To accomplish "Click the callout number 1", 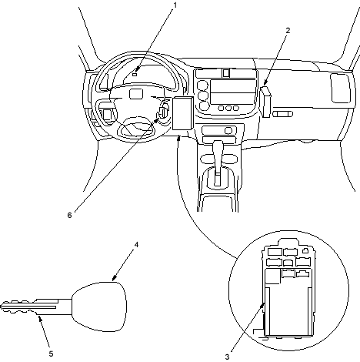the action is (x=175, y=5).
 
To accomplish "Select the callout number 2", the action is (x=288, y=30).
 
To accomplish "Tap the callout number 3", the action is (x=227, y=357).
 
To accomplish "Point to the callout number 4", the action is (x=136, y=245).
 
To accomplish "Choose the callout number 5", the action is (x=51, y=354).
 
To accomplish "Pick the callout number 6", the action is (x=70, y=215).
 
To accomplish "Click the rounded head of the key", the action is (x=99, y=307).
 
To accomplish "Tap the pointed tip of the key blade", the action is (x=1, y=307).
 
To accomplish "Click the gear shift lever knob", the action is (x=218, y=148).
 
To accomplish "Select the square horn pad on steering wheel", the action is (x=135, y=94).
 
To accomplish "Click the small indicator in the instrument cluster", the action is (x=135, y=75).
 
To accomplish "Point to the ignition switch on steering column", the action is (x=163, y=112).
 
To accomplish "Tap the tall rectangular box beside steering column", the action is (x=182, y=113).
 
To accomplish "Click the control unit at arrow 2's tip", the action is (x=266, y=102).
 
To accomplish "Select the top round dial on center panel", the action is (x=203, y=85).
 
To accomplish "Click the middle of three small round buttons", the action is (x=228, y=108).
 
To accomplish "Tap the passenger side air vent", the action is (x=340, y=89).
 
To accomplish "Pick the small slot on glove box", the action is (x=282, y=114).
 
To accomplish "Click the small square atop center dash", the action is (x=226, y=73).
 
